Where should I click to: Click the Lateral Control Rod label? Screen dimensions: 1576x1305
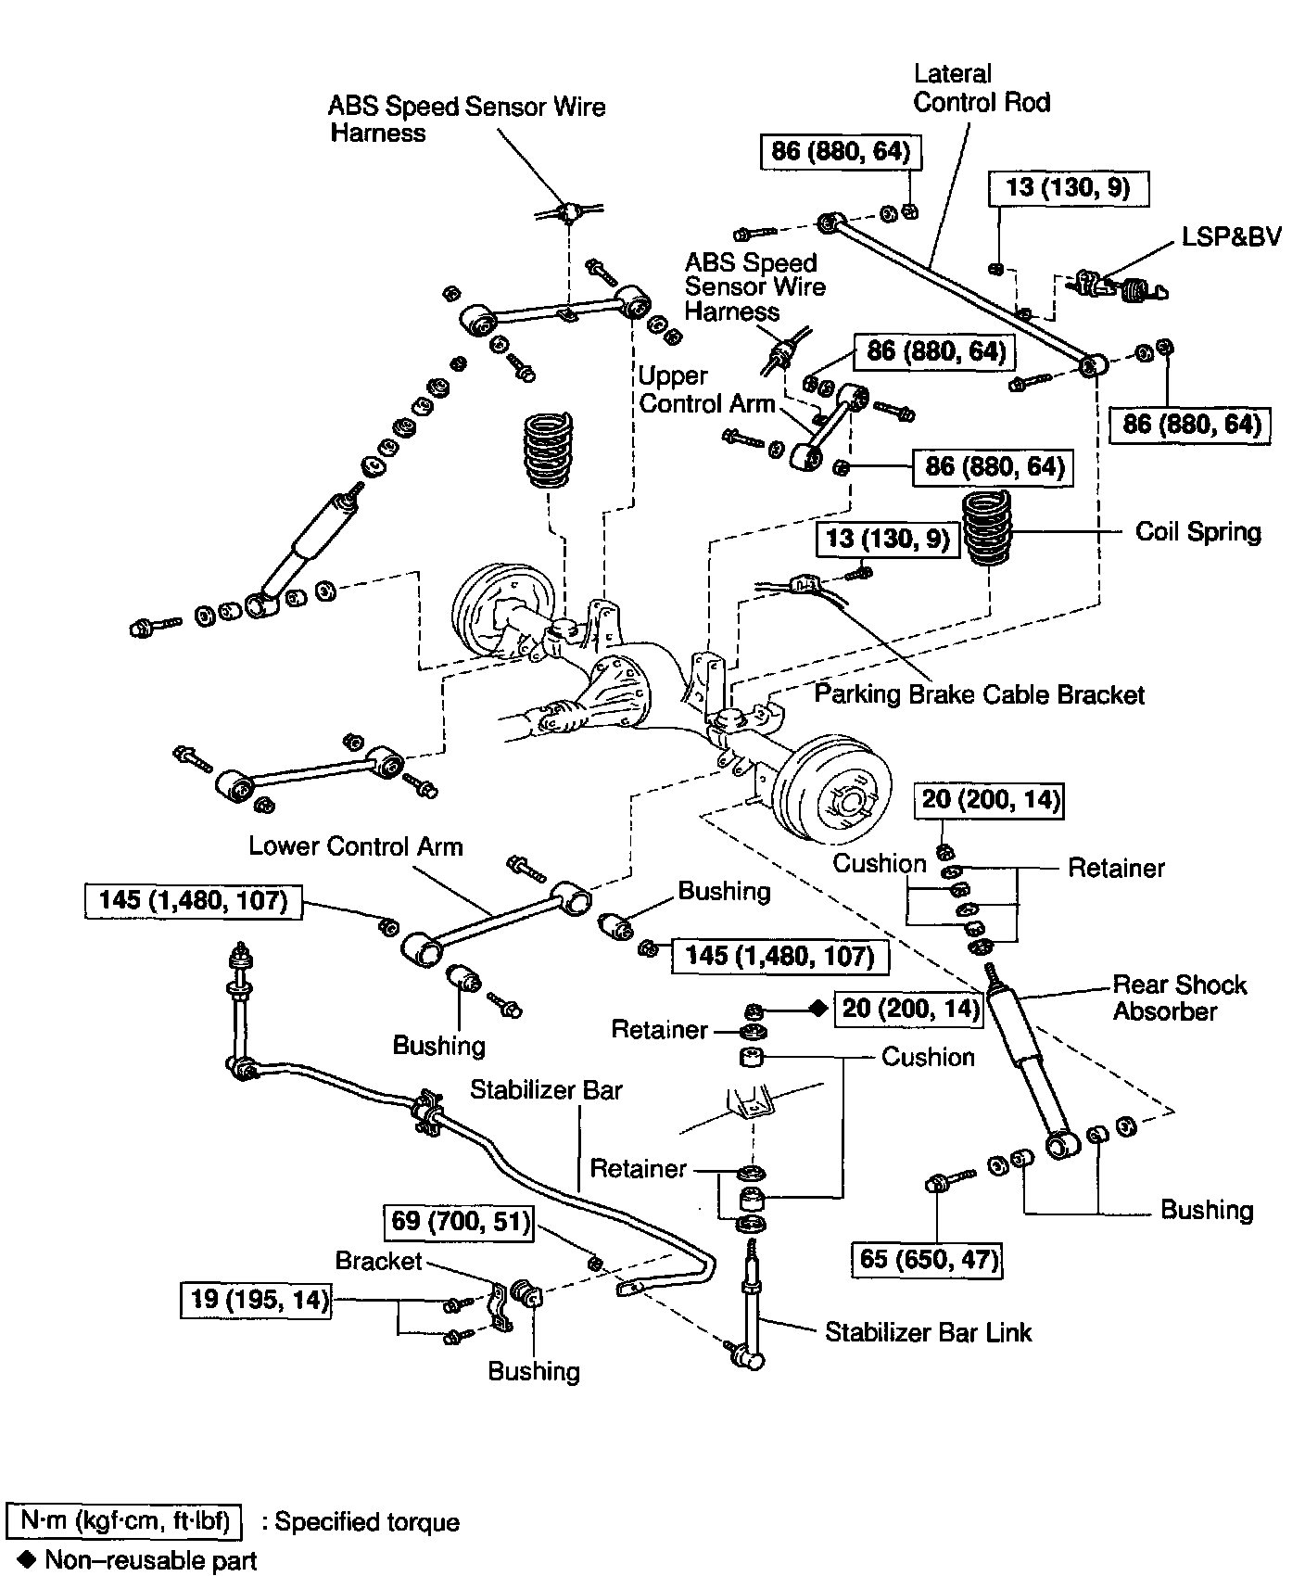[981, 87]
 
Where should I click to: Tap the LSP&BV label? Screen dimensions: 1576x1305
[1231, 236]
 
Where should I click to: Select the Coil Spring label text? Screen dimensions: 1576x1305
[1197, 532]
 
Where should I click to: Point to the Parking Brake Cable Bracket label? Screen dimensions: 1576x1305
[979, 694]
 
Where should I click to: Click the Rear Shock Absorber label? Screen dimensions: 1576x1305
[1179, 998]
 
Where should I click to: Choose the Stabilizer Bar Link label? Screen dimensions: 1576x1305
[928, 1332]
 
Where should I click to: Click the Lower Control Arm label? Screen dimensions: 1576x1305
[355, 846]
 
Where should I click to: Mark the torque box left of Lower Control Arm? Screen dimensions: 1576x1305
[194, 900]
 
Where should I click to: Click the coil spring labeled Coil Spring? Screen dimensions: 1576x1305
[987, 529]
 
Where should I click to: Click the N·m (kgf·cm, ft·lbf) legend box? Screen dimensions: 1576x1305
[124, 1522]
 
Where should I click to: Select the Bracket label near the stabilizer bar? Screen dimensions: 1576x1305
[378, 1261]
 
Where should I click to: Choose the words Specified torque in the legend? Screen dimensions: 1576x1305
[367, 1522]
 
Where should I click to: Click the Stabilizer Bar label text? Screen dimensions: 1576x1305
[546, 1089]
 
